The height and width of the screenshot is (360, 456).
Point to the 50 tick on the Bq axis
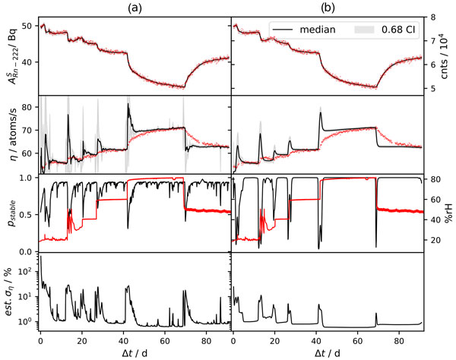click(28, 27)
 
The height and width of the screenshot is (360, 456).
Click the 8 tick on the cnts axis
click(432, 17)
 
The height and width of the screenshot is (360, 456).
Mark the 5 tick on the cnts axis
click(432, 89)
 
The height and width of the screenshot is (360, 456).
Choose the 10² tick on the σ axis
click(25, 270)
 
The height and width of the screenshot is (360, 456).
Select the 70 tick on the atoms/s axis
click(28, 129)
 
